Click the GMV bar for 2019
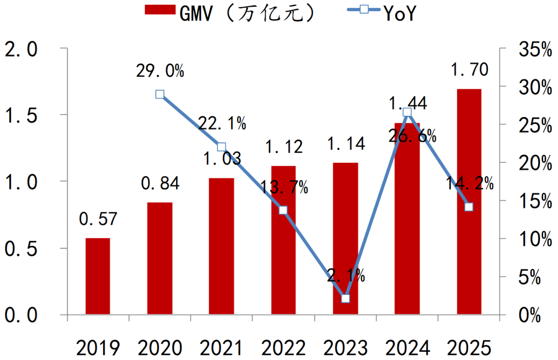[x=98, y=276]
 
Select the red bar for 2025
[x=469, y=201]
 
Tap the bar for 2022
[x=283, y=240]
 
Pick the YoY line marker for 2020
[x=160, y=94]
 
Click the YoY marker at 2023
[x=345, y=298]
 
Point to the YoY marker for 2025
[x=469, y=207]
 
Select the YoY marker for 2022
[x=283, y=210]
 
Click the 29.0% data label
[x=160, y=71]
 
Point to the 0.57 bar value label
[x=98, y=220]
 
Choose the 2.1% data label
[x=345, y=276]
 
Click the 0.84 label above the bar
[x=160, y=183]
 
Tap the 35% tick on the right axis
[x=525, y=50]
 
